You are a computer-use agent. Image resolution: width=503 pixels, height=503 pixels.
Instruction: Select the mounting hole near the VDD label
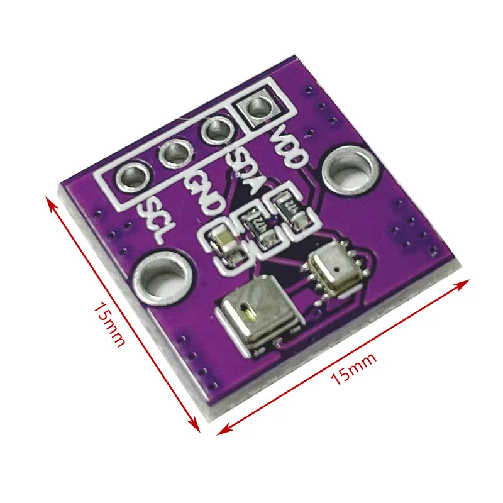348,169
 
